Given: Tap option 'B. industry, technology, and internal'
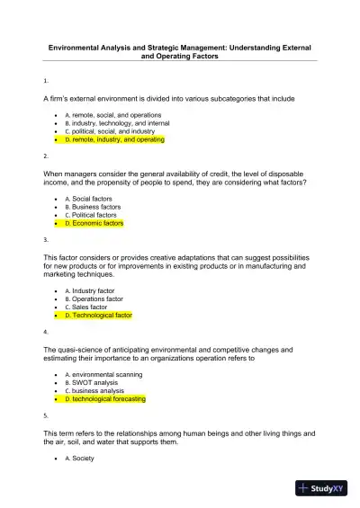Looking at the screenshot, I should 120,124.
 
